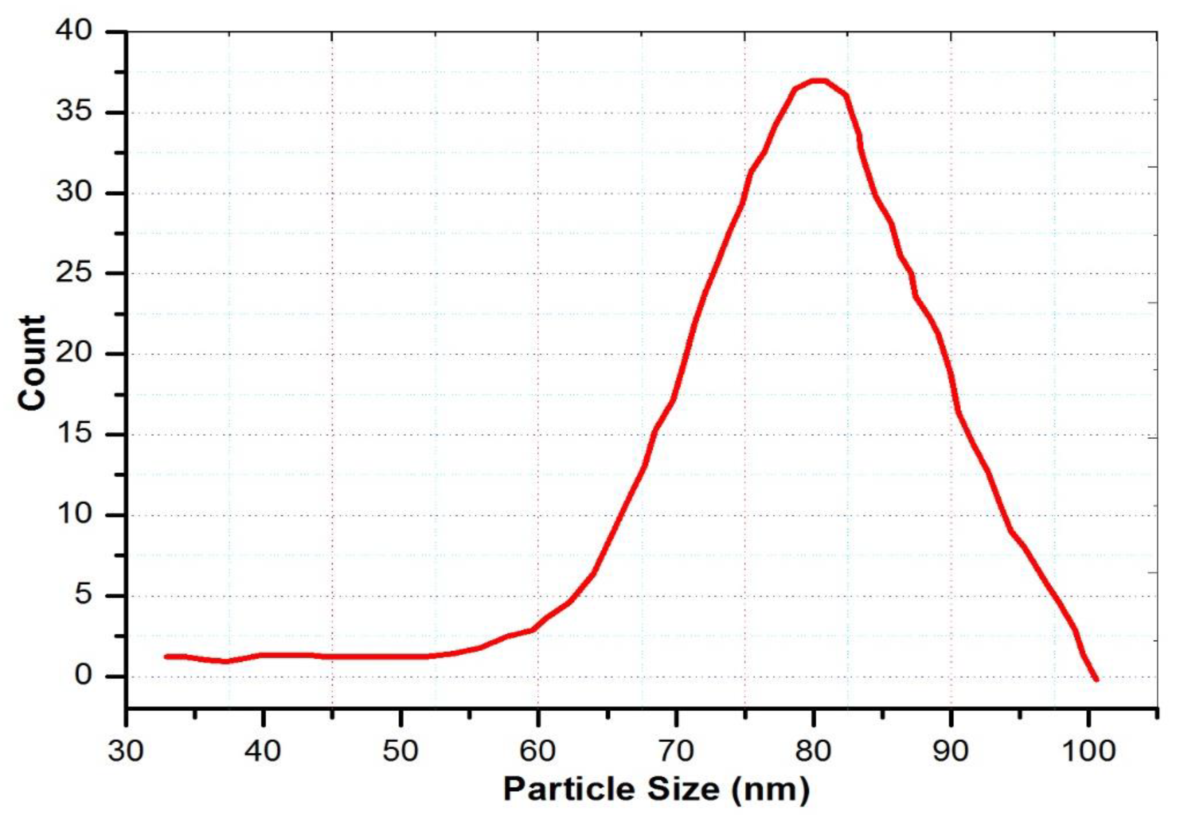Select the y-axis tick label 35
click(x=75, y=112)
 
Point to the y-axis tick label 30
click(x=75, y=192)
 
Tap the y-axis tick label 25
click(x=75, y=272)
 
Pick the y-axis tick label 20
click(x=75, y=353)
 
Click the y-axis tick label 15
click(x=75, y=434)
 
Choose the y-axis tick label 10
click(x=75, y=514)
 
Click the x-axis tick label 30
click(x=126, y=751)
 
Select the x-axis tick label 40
click(x=263, y=751)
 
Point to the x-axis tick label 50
click(x=400, y=751)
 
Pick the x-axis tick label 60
click(x=538, y=751)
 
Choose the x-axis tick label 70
click(x=676, y=751)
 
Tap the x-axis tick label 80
click(x=813, y=751)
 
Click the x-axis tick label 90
click(x=951, y=751)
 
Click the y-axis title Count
click(x=32, y=363)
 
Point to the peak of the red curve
click(x=817, y=81)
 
